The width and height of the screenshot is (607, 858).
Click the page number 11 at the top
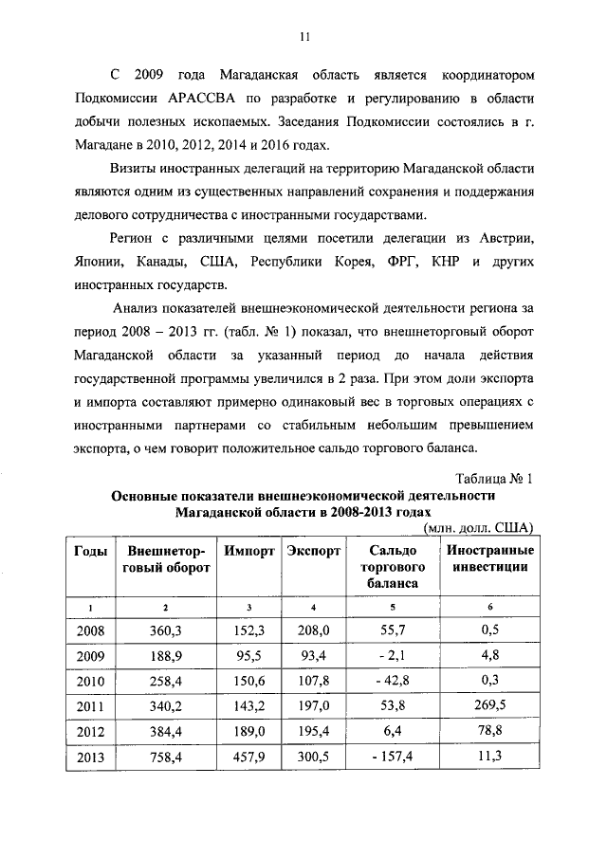pos(303,37)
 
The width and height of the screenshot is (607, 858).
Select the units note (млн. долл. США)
pos(480,527)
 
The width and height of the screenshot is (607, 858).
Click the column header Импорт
pos(249,551)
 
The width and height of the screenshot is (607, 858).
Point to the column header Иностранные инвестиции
pos(489,558)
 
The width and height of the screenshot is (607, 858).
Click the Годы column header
pos(89,551)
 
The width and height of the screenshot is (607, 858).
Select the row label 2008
pos(89,630)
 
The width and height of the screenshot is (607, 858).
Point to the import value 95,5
pos(249,655)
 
